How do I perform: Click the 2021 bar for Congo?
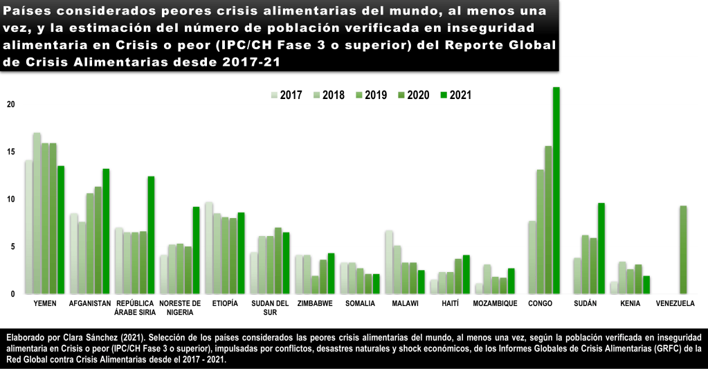pyautogui.click(x=556, y=190)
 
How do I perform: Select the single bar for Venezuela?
pyautogui.click(x=684, y=249)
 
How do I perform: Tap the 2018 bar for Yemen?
pyautogui.click(x=37, y=213)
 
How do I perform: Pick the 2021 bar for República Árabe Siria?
pyautogui.click(x=151, y=235)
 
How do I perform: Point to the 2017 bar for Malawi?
pyautogui.click(x=389, y=262)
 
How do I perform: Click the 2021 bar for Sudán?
pyautogui.click(x=601, y=248)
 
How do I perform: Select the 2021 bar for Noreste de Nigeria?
pyautogui.click(x=196, y=250)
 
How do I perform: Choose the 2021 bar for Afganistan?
pyautogui.click(x=106, y=231)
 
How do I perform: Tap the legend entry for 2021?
pyautogui.click(x=455, y=96)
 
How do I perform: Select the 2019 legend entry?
pyautogui.click(x=371, y=96)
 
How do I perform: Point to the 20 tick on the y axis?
pyautogui.click(x=10, y=105)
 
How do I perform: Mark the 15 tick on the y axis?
pyautogui.click(x=10, y=152)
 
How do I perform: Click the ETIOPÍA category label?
pyautogui.click(x=225, y=303)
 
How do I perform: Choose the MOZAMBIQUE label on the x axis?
pyautogui.click(x=496, y=303)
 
